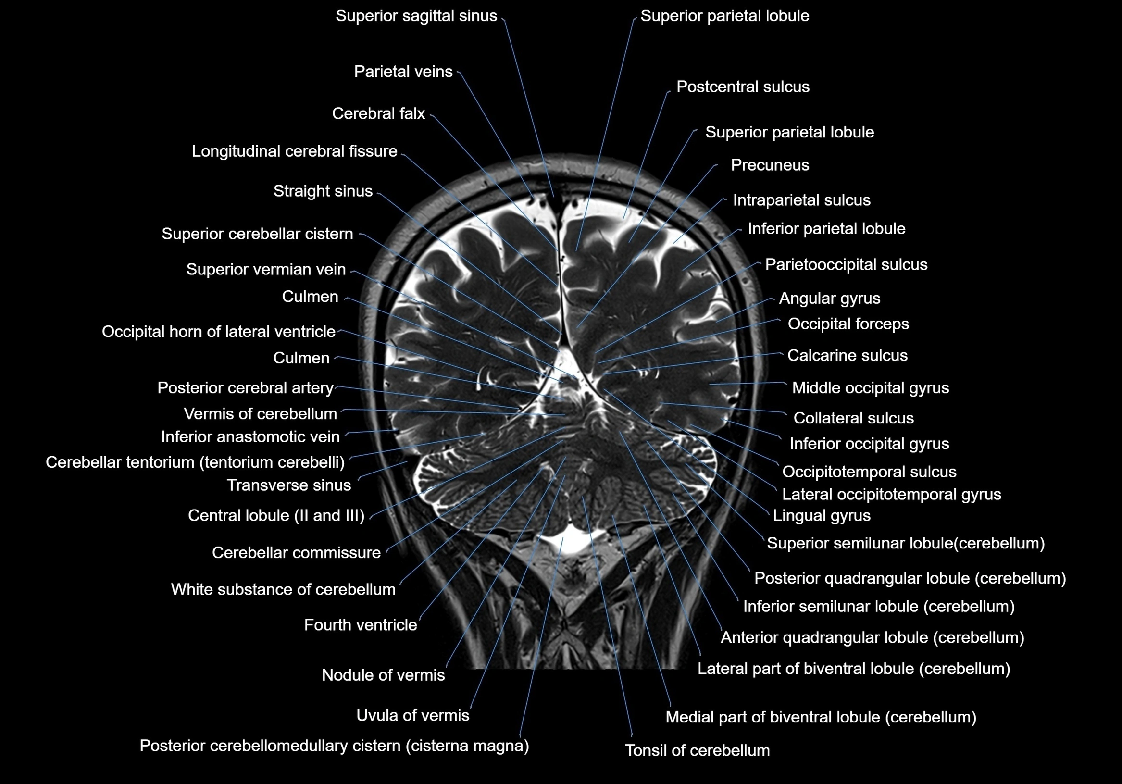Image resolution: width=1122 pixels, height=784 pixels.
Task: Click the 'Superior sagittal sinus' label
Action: coord(416,16)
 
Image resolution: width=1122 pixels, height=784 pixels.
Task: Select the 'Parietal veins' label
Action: coord(403,72)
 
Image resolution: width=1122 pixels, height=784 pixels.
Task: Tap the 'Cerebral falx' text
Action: coord(378,114)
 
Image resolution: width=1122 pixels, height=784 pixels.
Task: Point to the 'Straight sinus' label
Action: coord(323,191)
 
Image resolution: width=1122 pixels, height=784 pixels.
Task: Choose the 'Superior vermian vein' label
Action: coord(266,269)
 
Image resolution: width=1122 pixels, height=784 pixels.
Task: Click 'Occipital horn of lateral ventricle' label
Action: coord(218,332)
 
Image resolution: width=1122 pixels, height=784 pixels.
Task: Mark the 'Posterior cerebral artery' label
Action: coord(245,388)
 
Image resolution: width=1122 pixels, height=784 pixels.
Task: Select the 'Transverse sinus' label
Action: coord(289,485)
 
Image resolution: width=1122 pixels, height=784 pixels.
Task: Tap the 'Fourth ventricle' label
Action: coord(360,625)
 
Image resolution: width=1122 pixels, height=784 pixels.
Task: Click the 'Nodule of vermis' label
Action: coord(383,675)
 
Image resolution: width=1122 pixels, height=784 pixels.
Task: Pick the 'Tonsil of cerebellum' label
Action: coord(698,751)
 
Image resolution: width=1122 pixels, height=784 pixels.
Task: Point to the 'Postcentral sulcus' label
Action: coord(743,87)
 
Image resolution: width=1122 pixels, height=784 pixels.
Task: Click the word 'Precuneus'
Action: coord(770,165)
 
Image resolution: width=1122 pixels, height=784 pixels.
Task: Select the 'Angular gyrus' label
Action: coord(829,299)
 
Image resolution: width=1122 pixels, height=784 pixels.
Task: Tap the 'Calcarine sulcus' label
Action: coord(847,355)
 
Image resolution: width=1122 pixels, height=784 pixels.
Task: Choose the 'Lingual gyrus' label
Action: coord(822,516)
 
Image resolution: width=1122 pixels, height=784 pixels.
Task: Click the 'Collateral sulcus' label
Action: coord(853,418)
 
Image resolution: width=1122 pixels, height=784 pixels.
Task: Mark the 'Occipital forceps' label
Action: coord(848,324)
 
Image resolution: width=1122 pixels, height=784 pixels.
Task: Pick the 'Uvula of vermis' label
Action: coord(412,716)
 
